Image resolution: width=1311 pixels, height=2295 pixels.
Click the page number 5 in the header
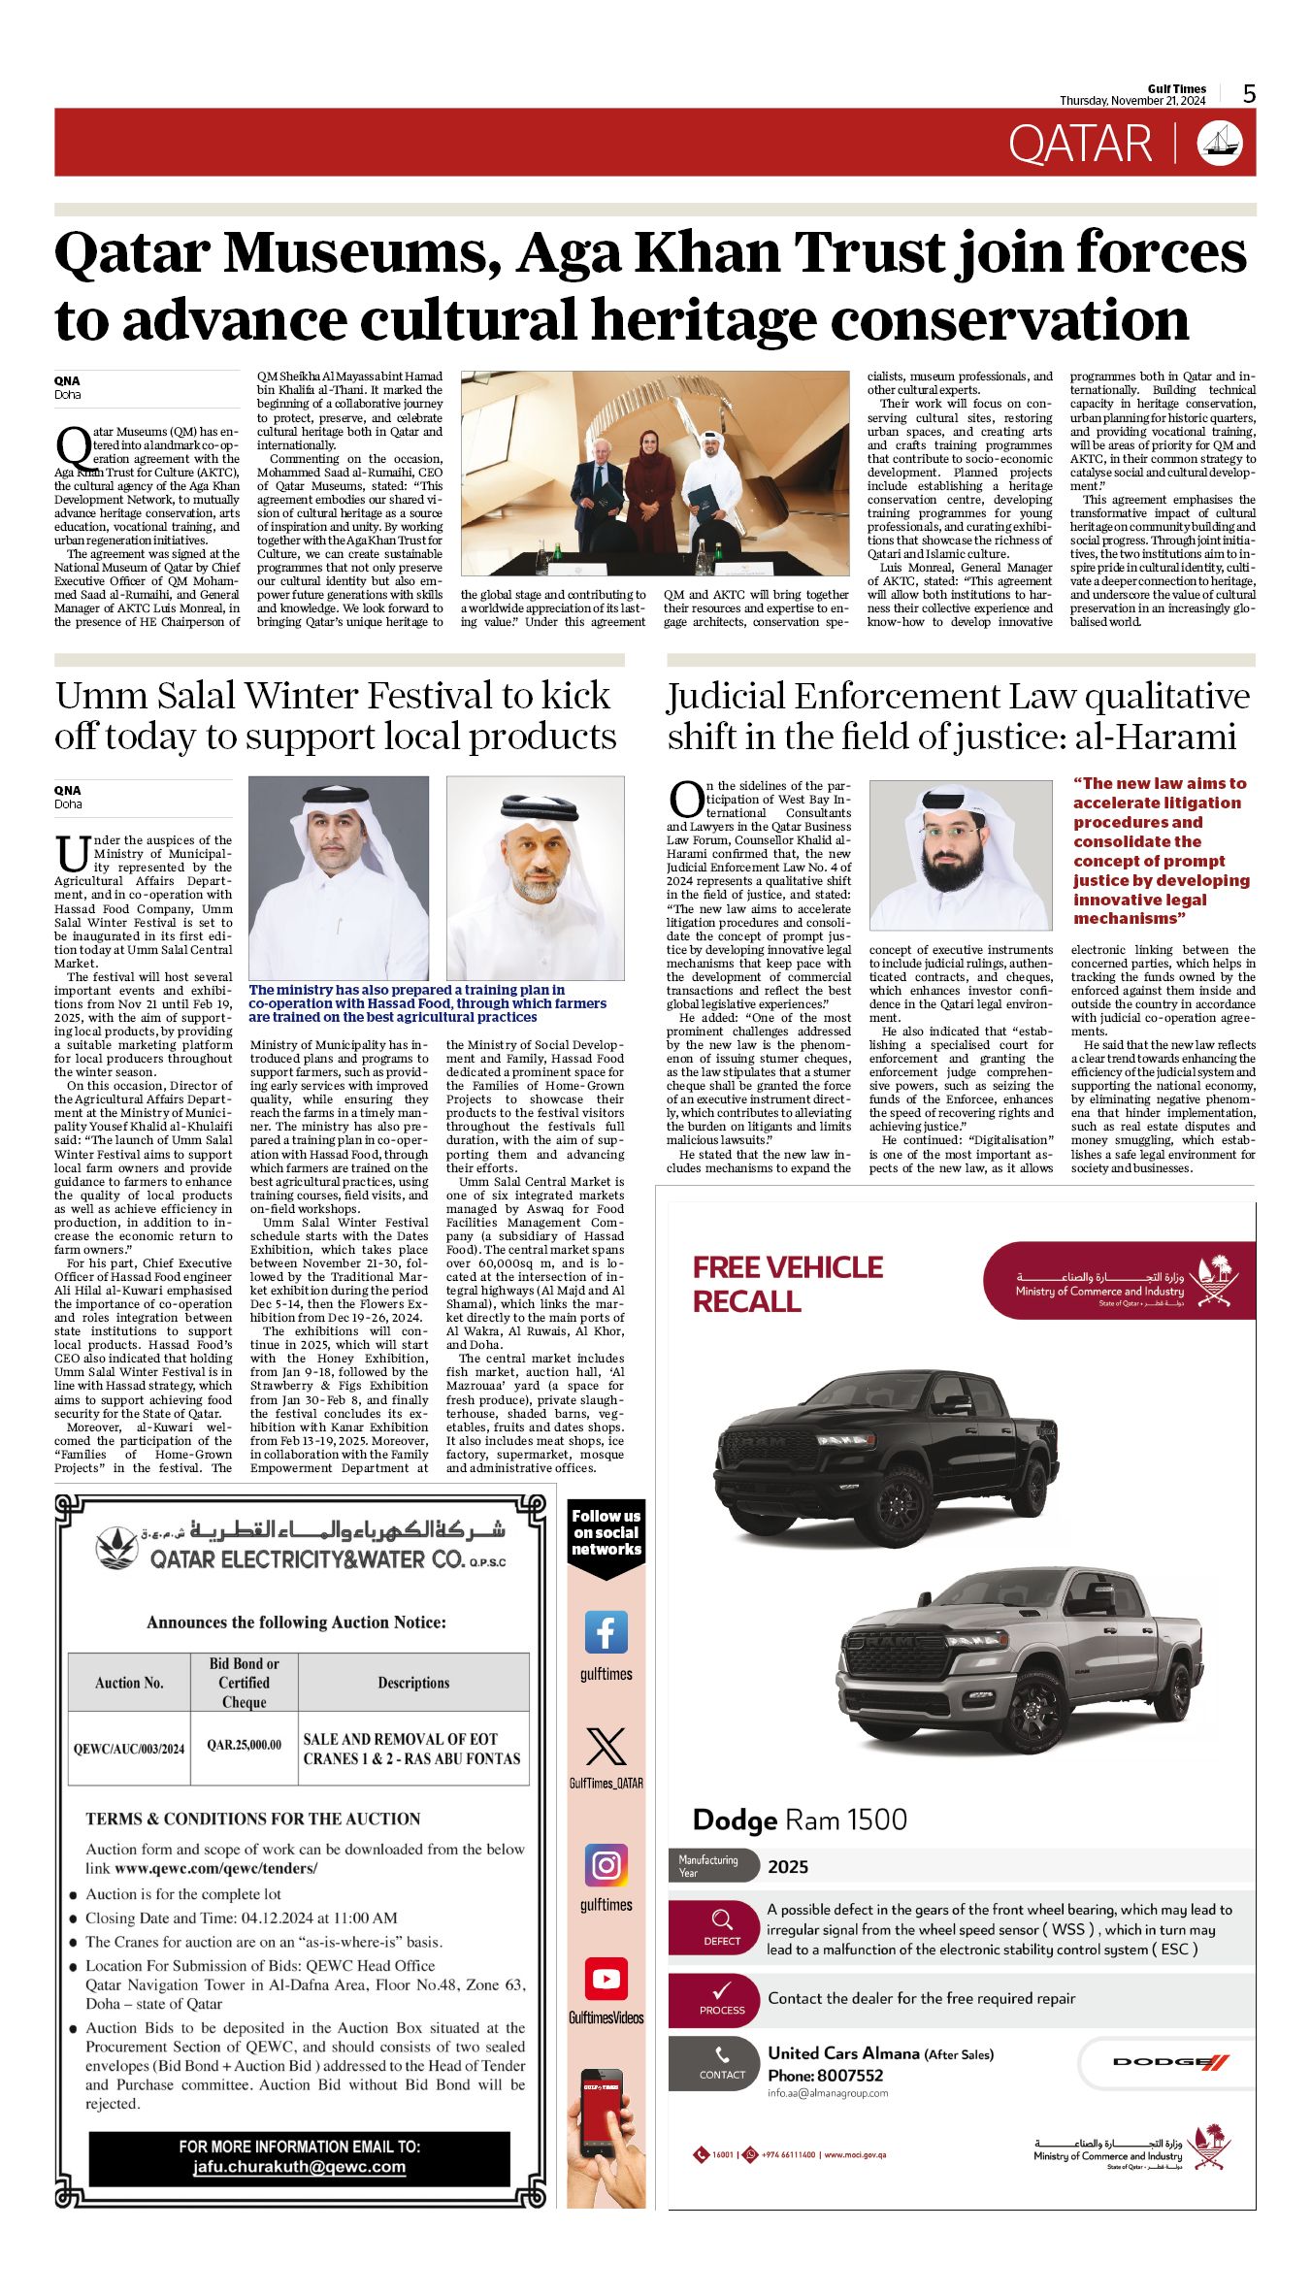click(1249, 94)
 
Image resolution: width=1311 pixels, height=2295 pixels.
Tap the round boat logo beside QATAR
click(1220, 143)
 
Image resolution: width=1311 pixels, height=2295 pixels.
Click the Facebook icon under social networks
click(606, 1632)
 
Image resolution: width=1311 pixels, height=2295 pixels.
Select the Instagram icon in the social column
click(606, 1865)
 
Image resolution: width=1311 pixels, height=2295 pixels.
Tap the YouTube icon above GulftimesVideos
click(606, 1979)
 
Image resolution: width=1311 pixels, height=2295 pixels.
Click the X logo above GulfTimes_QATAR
click(606, 1747)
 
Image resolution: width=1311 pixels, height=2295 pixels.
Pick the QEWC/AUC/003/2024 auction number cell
click(129, 1749)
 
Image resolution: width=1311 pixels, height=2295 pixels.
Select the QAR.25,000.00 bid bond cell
click(244, 1745)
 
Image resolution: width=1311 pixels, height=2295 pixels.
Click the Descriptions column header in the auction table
click(413, 1683)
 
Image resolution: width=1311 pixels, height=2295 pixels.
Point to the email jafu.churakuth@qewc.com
click(299, 2167)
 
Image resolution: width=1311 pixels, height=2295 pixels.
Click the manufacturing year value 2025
click(787, 1867)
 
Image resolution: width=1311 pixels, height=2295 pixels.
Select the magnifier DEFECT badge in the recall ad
click(722, 1926)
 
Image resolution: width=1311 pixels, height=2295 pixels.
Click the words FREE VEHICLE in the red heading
click(787, 1267)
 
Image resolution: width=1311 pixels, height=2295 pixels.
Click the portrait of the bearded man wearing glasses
click(960, 854)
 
